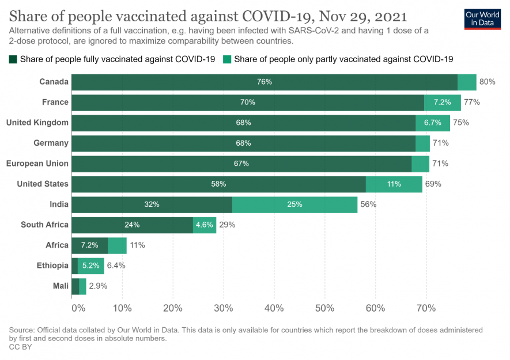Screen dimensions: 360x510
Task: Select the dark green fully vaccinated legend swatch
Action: [x=13, y=59]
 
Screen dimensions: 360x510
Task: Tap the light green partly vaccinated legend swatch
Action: [x=228, y=59]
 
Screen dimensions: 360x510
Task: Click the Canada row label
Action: [x=54, y=82]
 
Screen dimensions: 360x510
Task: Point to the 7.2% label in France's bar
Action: [x=442, y=103]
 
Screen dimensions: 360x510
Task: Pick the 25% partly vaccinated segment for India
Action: [x=295, y=204]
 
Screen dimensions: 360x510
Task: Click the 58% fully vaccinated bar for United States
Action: [x=218, y=184]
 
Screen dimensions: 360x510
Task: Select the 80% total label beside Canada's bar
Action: [x=487, y=82]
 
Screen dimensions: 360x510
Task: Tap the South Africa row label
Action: [x=44, y=225]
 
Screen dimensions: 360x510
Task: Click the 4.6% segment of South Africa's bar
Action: [x=205, y=225]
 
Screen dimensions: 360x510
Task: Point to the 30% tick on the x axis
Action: [x=224, y=308]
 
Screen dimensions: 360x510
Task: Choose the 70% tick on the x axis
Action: [x=426, y=308]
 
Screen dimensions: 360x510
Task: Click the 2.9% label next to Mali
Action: [x=98, y=286]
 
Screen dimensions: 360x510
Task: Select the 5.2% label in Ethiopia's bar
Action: [x=91, y=266]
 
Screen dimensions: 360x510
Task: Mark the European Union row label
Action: [x=37, y=164]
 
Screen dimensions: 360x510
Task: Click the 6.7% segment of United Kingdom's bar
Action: [x=432, y=123]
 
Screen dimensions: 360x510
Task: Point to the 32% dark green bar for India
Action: [x=152, y=204]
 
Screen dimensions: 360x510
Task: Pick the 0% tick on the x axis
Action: [x=77, y=308]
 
